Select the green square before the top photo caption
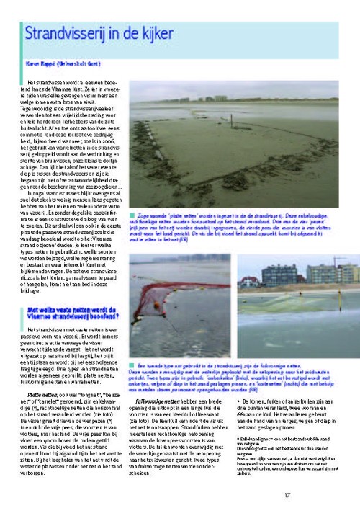(x=132, y=215)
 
